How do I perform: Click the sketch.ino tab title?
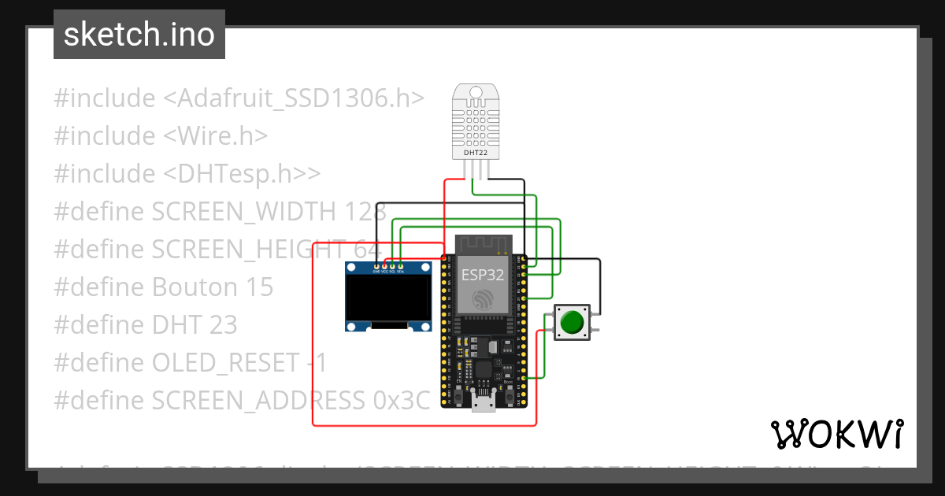tap(139, 35)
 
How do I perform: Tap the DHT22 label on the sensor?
tap(476, 152)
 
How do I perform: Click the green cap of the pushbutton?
tap(571, 322)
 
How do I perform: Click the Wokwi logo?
tap(836, 434)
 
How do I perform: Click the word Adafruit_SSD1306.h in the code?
tap(302, 98)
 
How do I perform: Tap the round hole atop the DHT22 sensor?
tap(476, 94)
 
